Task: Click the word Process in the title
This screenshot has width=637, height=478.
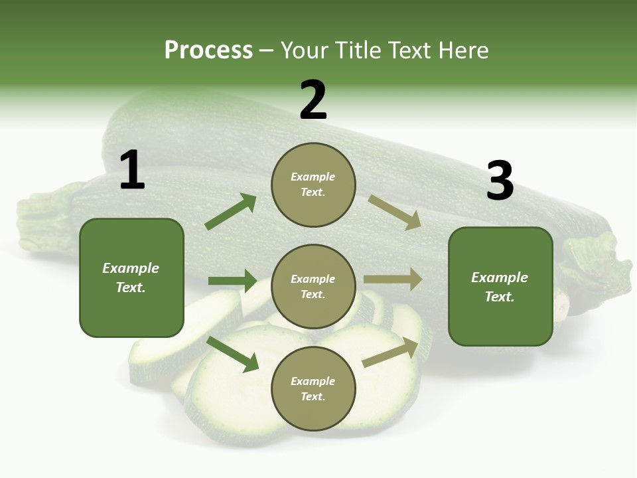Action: coord(208,50)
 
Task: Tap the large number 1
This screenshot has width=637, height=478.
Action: coord(131,171)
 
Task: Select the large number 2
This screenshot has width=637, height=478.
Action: coord(313,100)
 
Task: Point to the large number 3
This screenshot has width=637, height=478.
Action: coord(500,181)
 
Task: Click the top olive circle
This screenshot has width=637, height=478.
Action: coord(313,185)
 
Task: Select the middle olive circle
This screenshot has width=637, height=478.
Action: coord(313,286)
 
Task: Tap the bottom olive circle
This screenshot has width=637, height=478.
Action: coord(313,389)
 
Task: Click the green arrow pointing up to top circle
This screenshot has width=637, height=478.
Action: coord(231,212)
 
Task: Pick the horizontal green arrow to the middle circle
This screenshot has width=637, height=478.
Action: coord(232,281)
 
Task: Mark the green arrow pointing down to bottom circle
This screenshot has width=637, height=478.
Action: coord(233,354)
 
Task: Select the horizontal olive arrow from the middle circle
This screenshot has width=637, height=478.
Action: coord(393,279)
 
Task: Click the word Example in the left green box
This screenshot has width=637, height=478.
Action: coord(131,268)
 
